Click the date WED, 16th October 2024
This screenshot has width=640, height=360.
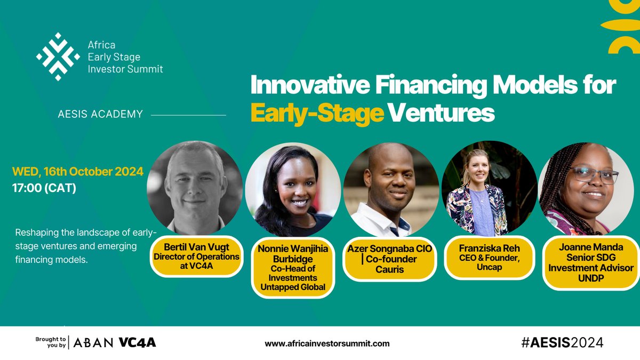coord(78,172)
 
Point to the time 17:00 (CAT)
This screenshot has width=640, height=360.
coord(44,188)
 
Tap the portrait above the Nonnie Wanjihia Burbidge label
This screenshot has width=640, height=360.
coord(293,190)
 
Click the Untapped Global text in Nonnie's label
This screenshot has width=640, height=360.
coord(293,287)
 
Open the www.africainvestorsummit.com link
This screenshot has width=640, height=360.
coord(327,343)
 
